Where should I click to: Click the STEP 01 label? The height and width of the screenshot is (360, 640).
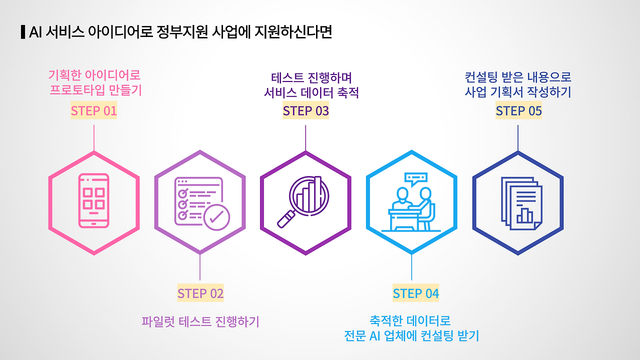93,110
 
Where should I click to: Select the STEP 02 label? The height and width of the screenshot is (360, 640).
200,293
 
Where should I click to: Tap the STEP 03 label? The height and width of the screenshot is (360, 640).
305,110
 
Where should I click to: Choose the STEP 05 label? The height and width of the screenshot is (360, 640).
518,110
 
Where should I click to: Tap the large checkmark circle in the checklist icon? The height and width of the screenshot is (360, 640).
216,217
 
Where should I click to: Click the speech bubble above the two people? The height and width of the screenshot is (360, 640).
416,178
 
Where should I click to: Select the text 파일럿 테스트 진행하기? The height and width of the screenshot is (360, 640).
200,321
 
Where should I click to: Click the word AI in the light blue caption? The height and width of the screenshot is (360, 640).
375,335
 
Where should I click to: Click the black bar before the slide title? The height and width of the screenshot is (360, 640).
22,32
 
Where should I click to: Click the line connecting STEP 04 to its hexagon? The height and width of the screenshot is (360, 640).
411,267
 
